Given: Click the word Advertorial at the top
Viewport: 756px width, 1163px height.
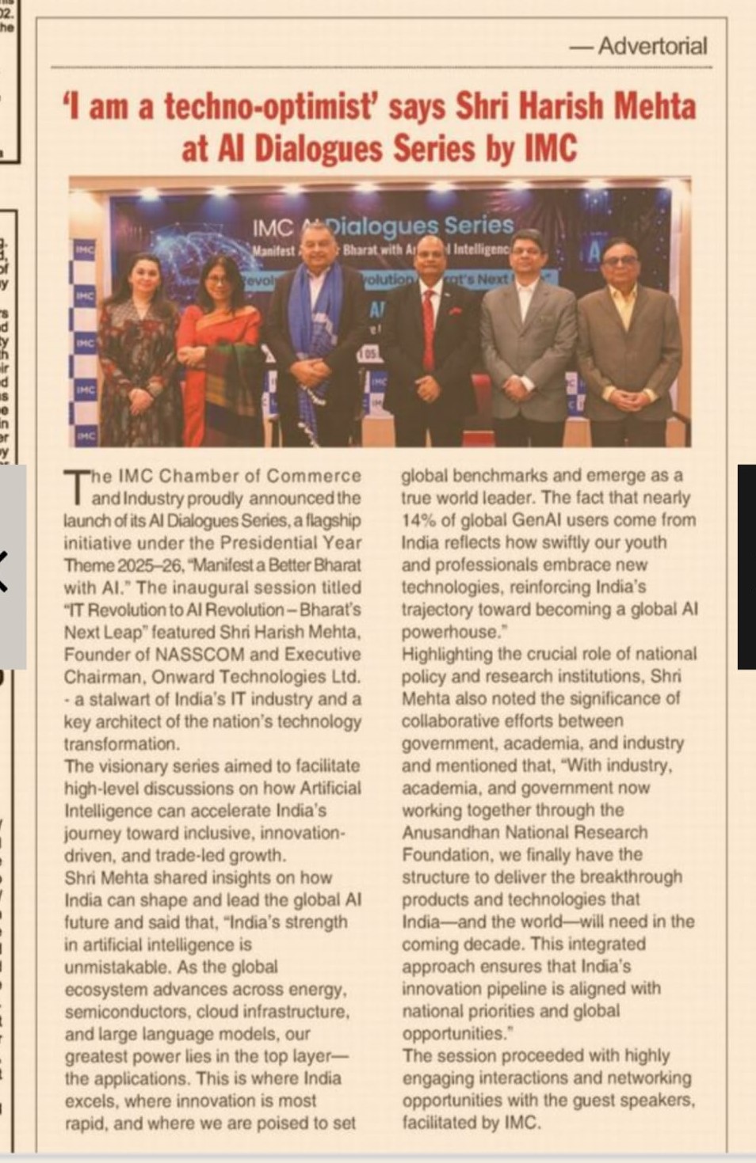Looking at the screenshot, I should click(652, 46).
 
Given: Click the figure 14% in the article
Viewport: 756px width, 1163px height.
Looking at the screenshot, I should click(417, 520).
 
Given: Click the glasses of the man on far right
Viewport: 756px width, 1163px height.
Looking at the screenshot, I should click(620, 260).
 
